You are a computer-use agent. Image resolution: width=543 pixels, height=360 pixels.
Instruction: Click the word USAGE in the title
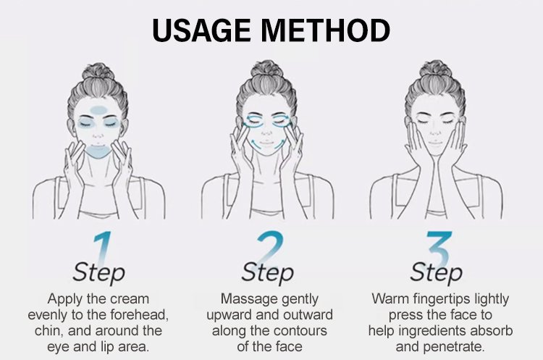pos(201,30)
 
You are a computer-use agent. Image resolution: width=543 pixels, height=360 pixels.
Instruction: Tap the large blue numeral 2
pos(271,248)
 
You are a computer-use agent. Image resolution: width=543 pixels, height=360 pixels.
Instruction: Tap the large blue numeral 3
pos(439,248)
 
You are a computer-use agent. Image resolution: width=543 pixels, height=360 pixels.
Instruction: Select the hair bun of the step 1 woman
pos(98,72)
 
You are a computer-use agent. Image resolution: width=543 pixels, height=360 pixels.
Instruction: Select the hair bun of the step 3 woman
pos(435,70)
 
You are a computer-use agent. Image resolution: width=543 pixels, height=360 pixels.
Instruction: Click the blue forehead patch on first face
pos(99,110)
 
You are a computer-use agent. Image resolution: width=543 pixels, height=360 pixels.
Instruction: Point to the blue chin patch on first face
pos(98,152)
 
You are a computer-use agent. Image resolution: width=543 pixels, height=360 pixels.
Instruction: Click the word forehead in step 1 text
pos(139,314)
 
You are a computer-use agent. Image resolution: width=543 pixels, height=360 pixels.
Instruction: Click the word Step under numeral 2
pos(267,272)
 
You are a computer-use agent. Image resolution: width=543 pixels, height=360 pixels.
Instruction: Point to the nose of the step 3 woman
pos(436,132)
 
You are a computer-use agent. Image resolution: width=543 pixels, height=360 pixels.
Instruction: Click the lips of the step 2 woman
pos(266,143)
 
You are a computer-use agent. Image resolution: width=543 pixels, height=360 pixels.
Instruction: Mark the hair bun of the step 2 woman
pos(266,70)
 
